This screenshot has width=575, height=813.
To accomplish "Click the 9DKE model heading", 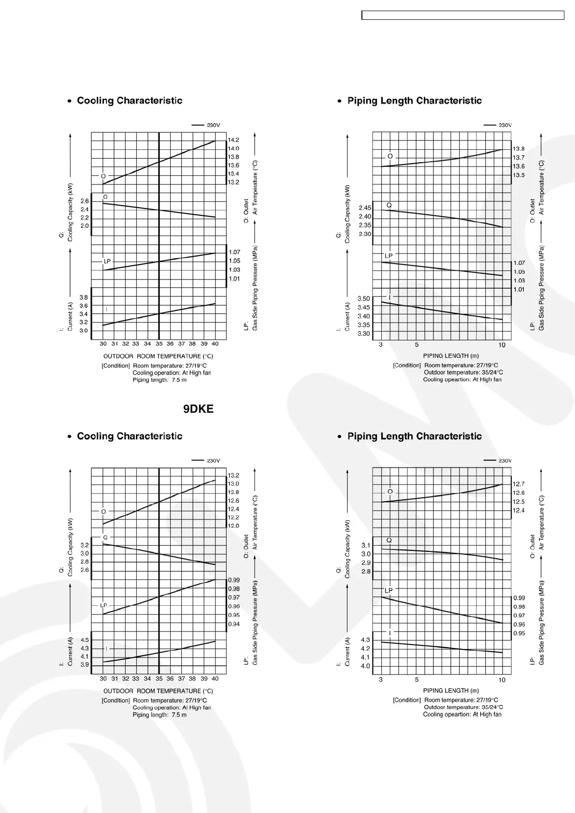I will tap(198, 409).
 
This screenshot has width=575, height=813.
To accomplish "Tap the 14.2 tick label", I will tap(233, 140).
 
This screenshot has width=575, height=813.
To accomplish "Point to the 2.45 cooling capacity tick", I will tap(365, 208).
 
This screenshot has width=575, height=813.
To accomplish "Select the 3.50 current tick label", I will tap(364, 299).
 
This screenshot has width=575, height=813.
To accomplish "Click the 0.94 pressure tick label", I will tap(233, 624).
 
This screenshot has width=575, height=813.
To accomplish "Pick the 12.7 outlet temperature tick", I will tap(518, 484).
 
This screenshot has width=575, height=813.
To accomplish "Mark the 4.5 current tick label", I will tap(85, 640).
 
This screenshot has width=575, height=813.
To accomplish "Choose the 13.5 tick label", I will tap(518, 175).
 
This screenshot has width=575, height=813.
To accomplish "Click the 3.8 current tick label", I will tap(84, 297).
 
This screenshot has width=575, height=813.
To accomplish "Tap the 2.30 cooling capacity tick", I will tap(365, 234).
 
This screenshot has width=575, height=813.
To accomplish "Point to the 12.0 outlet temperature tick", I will tap(233, 526).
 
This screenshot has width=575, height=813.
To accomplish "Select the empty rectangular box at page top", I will tap(463, 15).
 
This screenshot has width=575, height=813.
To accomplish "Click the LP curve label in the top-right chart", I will tap(388, 255).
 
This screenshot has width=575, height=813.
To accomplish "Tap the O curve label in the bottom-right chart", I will tap(390, 491).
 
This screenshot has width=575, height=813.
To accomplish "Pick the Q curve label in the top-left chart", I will tap(105, 197).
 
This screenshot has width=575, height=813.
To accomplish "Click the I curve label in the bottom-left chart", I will tap(106, 648).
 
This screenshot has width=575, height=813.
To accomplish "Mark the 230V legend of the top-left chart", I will tap(207, 125).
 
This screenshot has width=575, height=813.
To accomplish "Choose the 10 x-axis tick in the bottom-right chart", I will tap(502, 680).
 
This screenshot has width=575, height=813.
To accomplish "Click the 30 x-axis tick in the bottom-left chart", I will tap(103, 678).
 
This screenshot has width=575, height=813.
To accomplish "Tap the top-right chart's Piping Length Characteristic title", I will tap(414, 101).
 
